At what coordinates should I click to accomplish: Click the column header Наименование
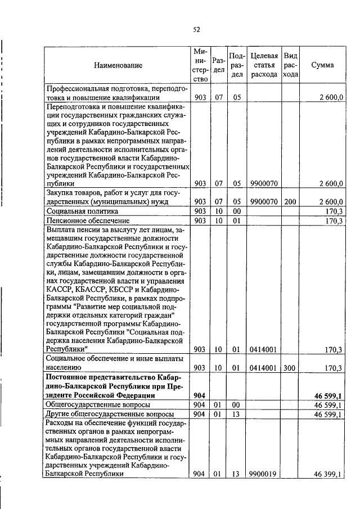coord(118,65)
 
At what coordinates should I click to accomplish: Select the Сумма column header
coord(322,65)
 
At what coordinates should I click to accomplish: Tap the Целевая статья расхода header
coord(264,65)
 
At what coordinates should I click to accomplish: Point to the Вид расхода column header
coord(290,65)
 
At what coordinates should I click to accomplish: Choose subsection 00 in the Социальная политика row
coord(236,211)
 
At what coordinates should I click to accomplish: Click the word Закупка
coord(62,193)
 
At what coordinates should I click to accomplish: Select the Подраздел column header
coord(237,65)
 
